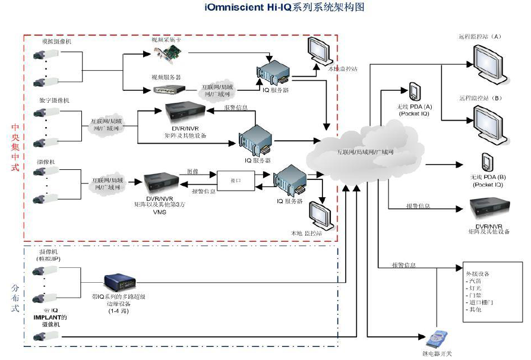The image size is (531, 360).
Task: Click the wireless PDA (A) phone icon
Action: pos(414,92)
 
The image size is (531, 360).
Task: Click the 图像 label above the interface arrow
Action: pos(192,172)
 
